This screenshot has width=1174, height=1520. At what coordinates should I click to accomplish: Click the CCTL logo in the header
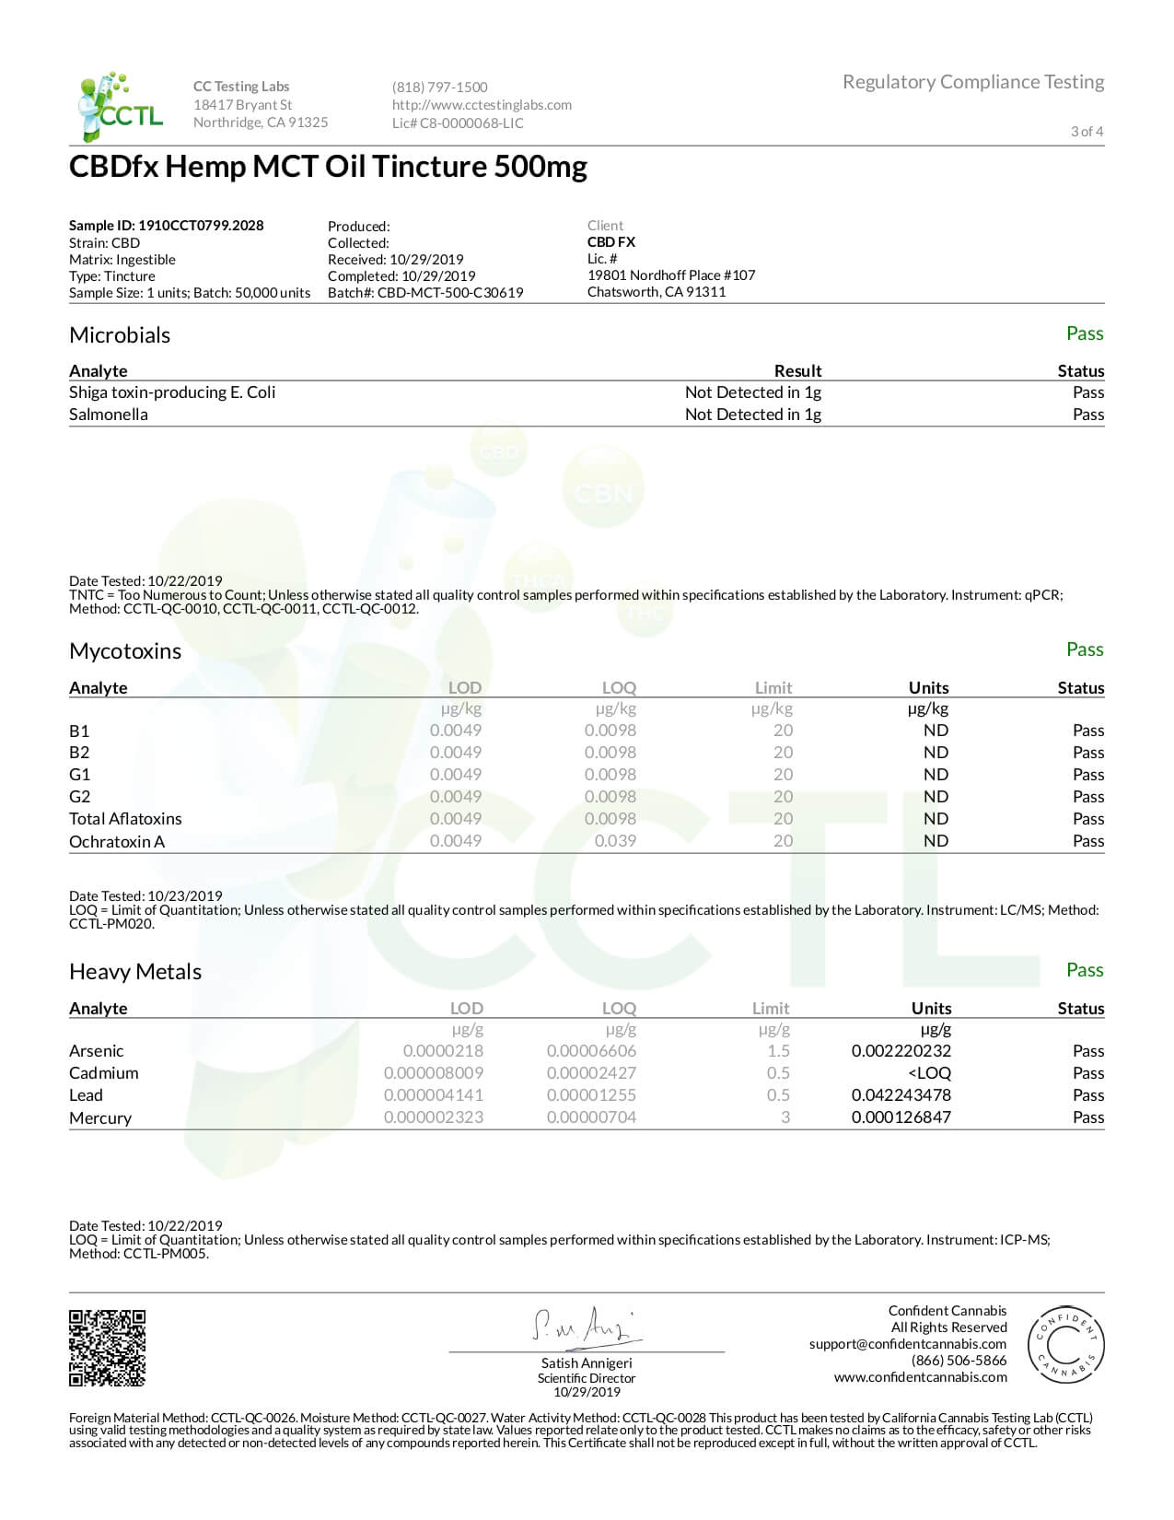pyautogui.click(x=121, y=106)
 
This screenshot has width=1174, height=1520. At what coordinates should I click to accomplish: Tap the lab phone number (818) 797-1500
pyautogui.click(x=439, y=87)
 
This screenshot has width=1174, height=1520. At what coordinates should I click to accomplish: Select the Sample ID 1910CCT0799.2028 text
pyautogui.click(x=166, y=226)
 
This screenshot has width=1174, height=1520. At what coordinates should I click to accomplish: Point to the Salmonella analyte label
pyautogui.click(x=109, y=415)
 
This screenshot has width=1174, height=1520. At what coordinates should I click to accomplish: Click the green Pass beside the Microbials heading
pyautogui.click(x=1084, y=333)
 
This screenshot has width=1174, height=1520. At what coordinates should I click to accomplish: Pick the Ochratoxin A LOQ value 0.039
pyautogui.click(x=615, y=841)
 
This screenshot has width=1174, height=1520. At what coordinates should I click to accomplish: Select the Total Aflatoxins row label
pyautogui.click(x=125, y=819)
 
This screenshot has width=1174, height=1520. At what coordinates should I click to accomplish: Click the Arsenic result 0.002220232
pyautogui.click(x=901, y=1051)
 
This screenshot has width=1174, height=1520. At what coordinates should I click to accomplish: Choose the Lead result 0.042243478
pyautogui.click(x=901, y=1095)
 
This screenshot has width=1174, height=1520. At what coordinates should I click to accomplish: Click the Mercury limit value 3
pyautogui.click(x=785, y=1117)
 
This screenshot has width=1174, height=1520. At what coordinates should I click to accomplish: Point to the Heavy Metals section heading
pyautogui.click(x=135, y=972)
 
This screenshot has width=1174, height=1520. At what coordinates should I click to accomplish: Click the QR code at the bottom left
pyautogui.click(x=108, y=1348)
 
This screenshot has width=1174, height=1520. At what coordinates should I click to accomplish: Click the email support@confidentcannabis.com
pyautogui.click(x=908, y=1344)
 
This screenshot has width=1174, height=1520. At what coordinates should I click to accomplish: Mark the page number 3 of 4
pyautogui.click(x=1087, y=132)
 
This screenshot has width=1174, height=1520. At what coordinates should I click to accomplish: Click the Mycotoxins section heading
pyautogui.click(x=125, y=651)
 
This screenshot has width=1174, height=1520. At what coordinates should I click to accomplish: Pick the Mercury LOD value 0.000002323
pyautogui.click(x=433, y=1117)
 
